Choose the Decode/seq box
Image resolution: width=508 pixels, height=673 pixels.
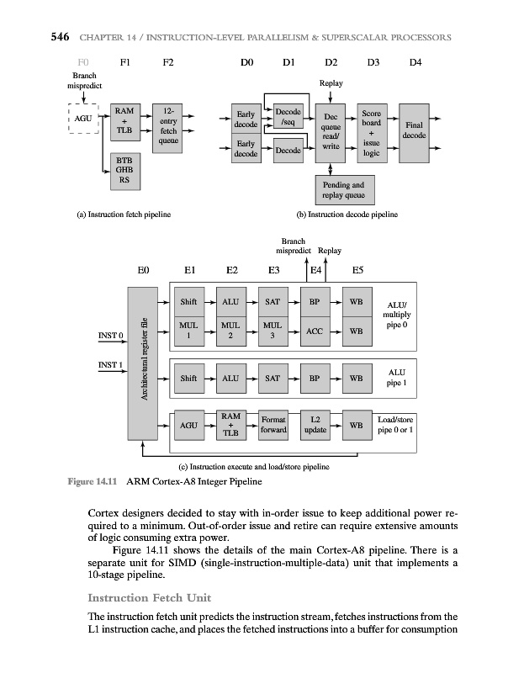[288, 115]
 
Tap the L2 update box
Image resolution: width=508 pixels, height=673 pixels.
[315, 425]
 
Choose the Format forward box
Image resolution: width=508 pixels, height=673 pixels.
[273, 425]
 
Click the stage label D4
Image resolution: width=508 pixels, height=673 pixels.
[415, 61]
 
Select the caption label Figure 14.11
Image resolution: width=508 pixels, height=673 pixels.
[88, 481]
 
